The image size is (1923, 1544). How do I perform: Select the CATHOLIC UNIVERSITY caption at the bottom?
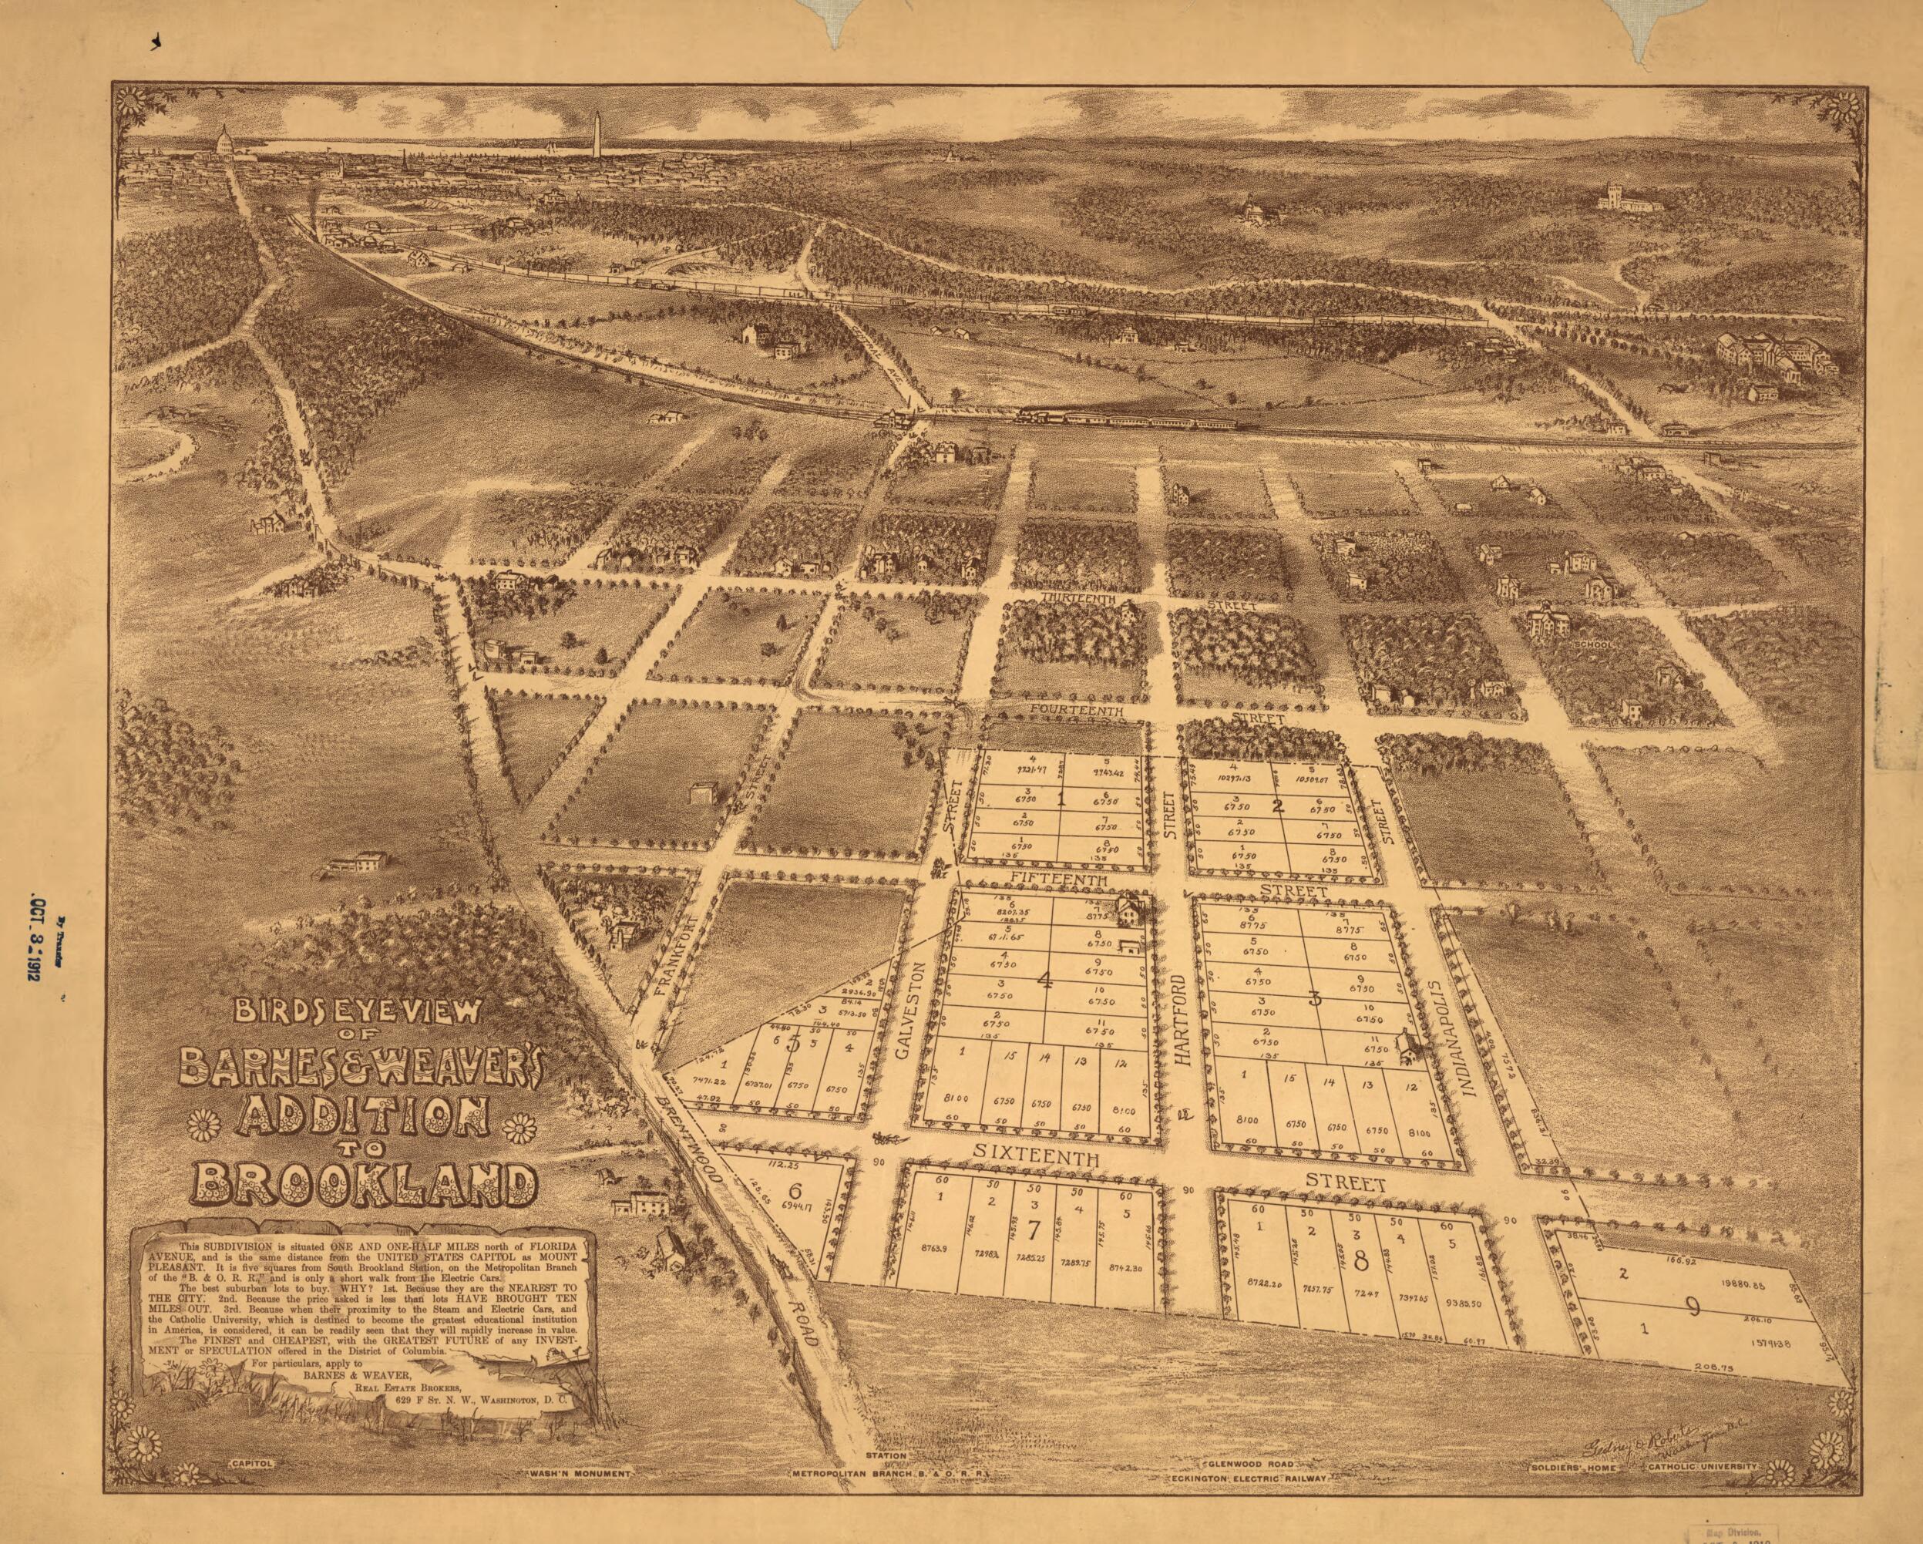pyautogui.click(x=1702, y=1466)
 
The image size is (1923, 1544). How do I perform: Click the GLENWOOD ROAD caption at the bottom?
pyautogui.click(x=1248, y=1465)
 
